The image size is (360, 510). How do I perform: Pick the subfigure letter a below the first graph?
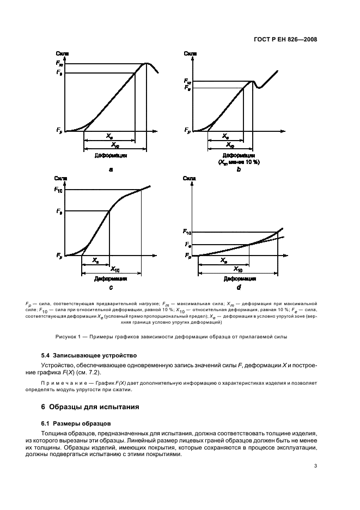[x=111, y=169]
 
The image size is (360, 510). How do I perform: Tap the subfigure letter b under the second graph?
[x=238, y=169]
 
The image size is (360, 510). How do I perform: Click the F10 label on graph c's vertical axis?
[x=59, y=189]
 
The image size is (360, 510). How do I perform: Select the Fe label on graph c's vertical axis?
[x=59, y=211]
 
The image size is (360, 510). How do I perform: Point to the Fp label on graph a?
[x=59, y=130]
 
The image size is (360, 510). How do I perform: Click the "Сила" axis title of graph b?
[x=190, y=53]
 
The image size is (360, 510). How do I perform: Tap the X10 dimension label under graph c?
[x=115, y=269]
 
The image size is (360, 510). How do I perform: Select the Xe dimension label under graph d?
[x=224, y=260]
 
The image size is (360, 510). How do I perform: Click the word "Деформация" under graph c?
[x=111, y=278]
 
